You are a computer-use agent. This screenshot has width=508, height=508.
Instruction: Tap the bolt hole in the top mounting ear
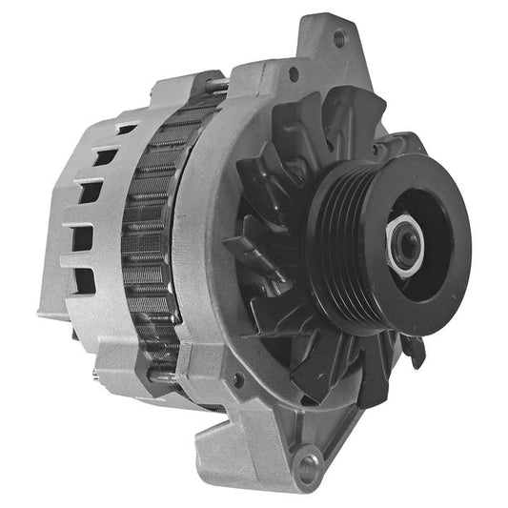click(x=338, y=39)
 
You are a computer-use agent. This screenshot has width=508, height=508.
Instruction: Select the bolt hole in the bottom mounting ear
click(x=307, y=466)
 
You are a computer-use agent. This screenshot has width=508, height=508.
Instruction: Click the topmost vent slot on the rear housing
click(x=125, y=129)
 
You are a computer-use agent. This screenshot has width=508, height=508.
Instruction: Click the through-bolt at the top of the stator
click(x=217, y=86)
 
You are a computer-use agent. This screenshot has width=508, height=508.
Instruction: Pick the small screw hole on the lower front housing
click(x=237, y=381)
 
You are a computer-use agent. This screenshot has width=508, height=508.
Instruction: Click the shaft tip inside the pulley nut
click(x=408, y=244)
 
